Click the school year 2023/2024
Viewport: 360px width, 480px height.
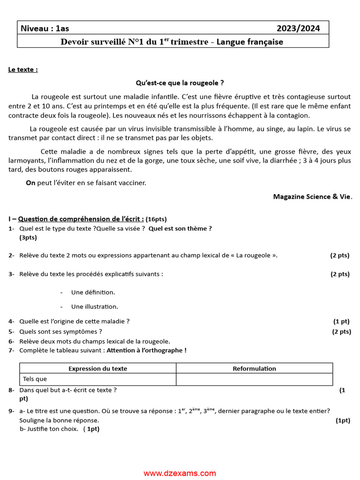coord(298,29)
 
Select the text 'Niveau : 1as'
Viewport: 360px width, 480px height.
coord(45,29)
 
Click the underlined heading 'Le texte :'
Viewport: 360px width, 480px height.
coord(23,70)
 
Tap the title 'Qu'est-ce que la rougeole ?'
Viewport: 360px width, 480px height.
coord(180,83)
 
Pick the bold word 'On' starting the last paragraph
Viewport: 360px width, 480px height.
coord(30,183)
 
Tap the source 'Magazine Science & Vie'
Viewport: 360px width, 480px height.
coord(312,197)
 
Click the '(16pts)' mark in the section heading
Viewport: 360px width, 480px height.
coord(156,219)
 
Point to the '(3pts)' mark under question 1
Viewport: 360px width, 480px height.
coord(28,238)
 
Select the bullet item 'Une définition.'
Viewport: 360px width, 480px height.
coord(93,292)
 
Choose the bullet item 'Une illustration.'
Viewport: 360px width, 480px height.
coord(94,307)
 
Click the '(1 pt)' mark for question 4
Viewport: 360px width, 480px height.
coord(341,322)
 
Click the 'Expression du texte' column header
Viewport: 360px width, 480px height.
coord(97,368)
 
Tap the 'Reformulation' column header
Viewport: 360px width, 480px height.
coord(254,368)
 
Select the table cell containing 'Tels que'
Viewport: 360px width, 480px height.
coord(97,379)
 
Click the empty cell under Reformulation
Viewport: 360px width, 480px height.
coord(254,379)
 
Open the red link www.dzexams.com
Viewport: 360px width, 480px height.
coord(180,473)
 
